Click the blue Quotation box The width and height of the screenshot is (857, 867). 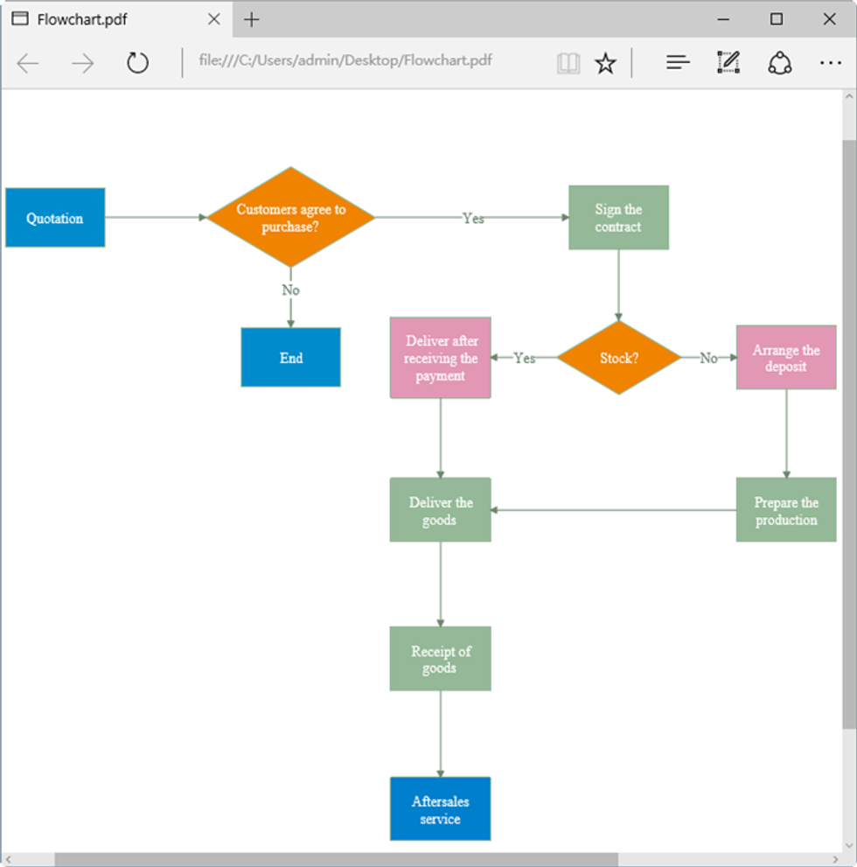tap(55, 218)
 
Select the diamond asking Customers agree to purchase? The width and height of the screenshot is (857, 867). tap(291, 218)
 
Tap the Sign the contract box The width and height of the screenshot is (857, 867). tap(618, 218)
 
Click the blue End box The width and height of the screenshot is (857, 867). tap(290, 358)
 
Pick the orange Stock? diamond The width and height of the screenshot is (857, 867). tap(618, 358)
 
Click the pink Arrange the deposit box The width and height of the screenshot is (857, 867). tap(785, 358)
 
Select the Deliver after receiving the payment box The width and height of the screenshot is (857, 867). tap(440, 358)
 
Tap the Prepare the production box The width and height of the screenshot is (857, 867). tap(785, 510)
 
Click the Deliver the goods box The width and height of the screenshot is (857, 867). tap(440, 510)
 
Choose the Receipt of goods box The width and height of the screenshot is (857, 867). tap(440, 659)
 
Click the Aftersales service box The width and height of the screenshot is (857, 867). tap(440, 809)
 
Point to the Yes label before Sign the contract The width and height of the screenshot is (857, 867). tap(473, 219)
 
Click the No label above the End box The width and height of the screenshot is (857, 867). tap(290, 290)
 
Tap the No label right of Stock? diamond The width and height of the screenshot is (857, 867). tap(708, 358)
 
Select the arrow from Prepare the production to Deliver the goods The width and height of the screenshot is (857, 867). tap(612, 510)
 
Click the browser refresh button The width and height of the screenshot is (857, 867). tap(137, 63)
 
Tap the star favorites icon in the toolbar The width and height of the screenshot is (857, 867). tap(605, 63)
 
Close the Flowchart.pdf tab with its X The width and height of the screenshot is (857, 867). tap(213, 19)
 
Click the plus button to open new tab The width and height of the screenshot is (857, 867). tap(252, 19)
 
